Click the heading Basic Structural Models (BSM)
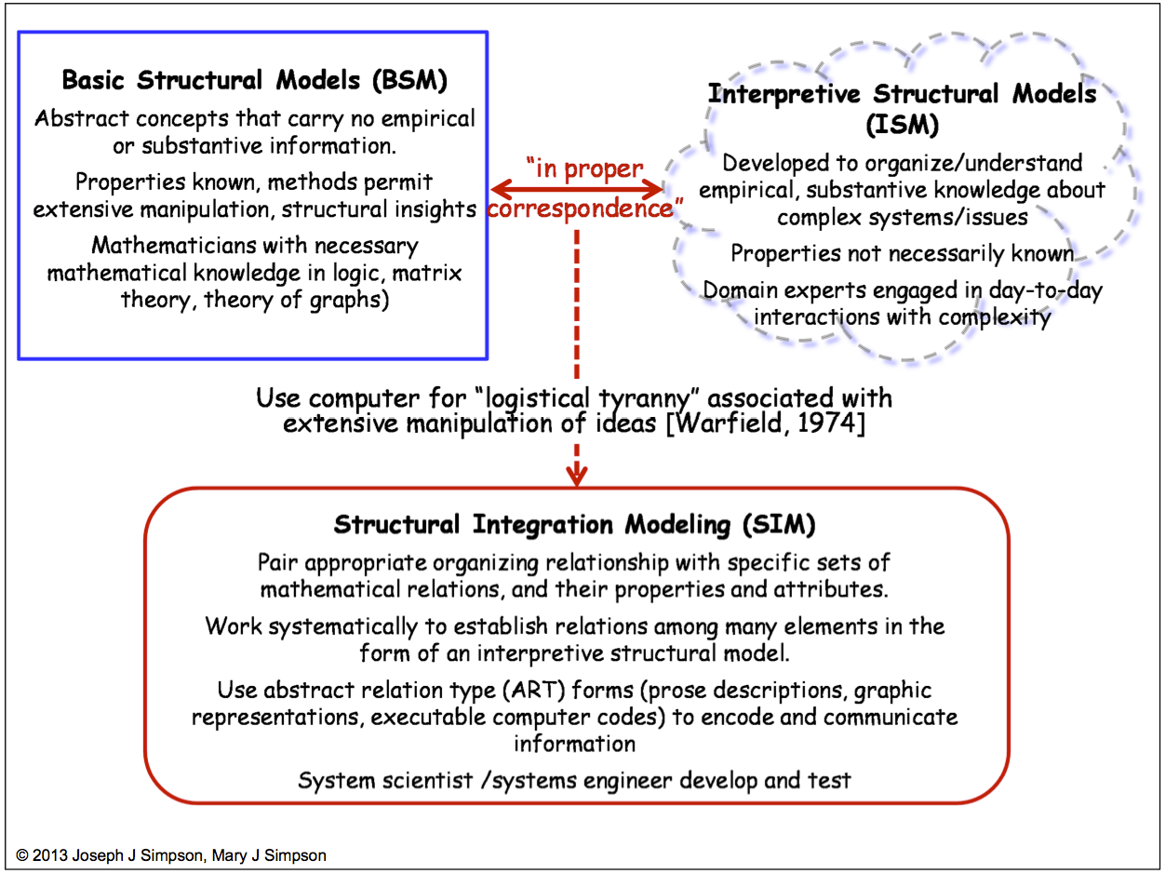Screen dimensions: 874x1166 click(254, 80)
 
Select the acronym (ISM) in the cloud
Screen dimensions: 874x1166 click(902, 124)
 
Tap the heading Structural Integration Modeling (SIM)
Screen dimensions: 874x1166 click(574, 525)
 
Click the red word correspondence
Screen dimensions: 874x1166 click(579, 208)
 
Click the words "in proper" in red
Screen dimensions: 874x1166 click(584, 169)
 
